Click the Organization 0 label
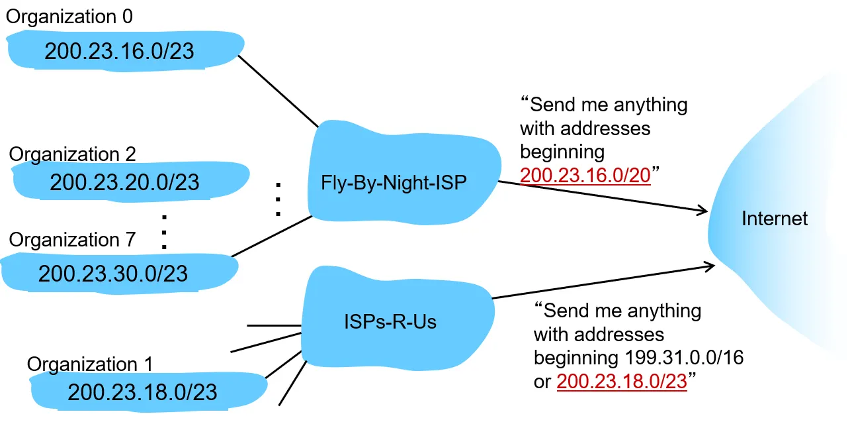coord(69,16)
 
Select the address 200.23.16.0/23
coord(119,51)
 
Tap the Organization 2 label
coord(73,154)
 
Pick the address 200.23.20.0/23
coord(124,182)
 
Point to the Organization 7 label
coord(72,239)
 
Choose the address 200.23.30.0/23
coord(113,273)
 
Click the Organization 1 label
coord(90,364)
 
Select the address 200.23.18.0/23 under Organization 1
coord(142,392)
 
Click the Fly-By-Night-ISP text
coord(394,183)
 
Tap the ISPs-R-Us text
coord(391,323)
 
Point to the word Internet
coord(775,218)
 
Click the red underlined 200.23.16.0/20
coord(585,176)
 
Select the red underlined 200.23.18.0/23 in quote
coord(622,382)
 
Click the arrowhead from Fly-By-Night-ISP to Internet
coord(703,211)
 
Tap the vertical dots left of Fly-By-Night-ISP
coord(278,198)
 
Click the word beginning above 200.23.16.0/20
coord(562,152)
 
